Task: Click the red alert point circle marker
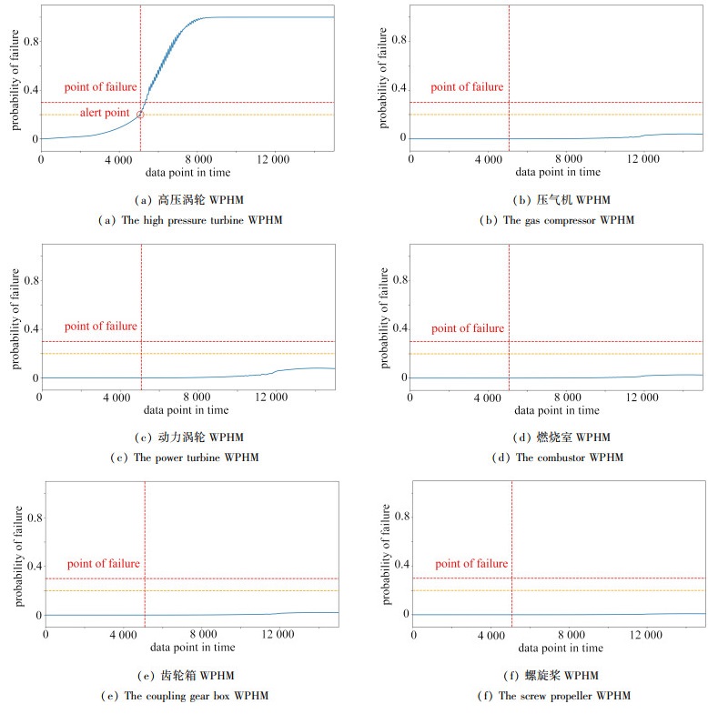tap(140, 115)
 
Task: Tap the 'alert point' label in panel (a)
tap(104, 112)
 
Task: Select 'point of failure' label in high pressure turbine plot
tap(100, 87)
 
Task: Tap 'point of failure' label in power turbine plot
tap(100, 327)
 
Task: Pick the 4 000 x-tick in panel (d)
tap(489, 397)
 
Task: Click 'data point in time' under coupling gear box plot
tap(192, 648)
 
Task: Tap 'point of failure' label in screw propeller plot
tap(471, 564)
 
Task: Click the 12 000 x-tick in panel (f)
tap(646, 633)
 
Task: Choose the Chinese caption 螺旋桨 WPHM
tap(561, 676)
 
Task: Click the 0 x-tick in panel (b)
tap(411, 159)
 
